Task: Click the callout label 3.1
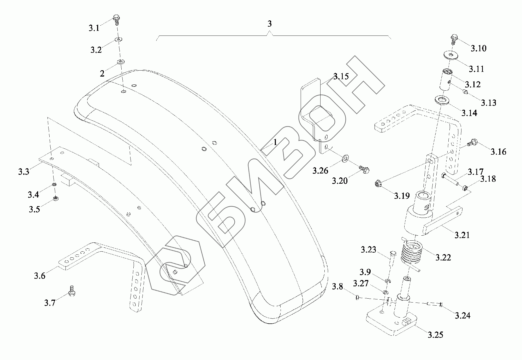(x=94, y=28)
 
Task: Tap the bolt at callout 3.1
(x=116, y=20)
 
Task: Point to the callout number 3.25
(x=435, y=335)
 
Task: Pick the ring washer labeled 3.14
(x=442, y=100)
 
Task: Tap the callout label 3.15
(x=341, y=77)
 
